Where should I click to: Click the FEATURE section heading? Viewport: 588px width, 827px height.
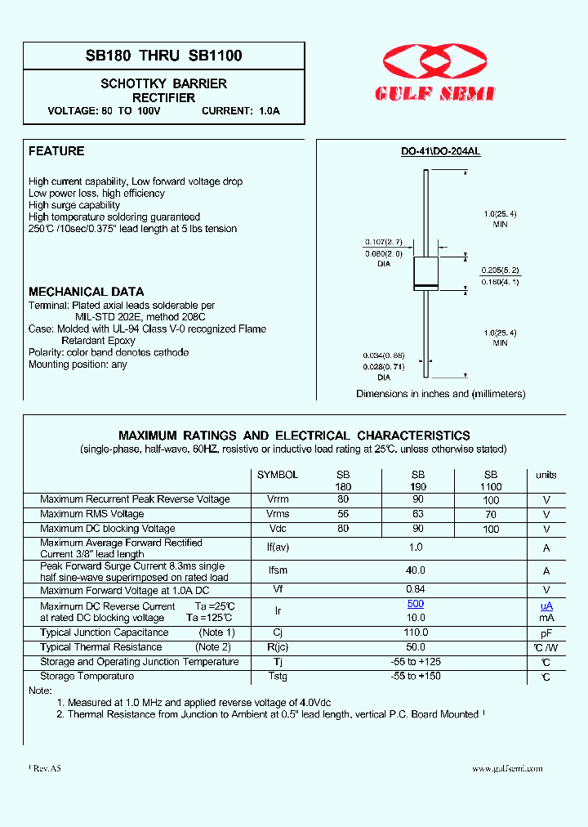[56, 151]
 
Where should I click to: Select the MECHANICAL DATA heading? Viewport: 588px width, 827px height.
[86, 292]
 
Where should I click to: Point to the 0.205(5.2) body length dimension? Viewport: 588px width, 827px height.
[500, 270]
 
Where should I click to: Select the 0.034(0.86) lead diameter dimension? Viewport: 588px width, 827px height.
[383, 355]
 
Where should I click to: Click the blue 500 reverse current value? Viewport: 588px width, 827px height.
[416, 604]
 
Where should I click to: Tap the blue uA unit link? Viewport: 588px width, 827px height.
[546, 606]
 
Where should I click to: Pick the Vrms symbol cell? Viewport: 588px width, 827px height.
[278, 514]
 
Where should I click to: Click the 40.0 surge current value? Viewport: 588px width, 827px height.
[416, 571]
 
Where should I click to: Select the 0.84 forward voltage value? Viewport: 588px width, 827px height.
[416, 590]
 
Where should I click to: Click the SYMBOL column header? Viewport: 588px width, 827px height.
[278, 475]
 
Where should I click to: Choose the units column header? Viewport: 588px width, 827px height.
[546, 475]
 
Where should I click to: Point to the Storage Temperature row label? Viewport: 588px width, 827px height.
[87, 676]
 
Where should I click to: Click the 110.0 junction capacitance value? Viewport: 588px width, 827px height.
[416, 633]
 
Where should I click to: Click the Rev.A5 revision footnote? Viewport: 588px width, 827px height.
[47, 769]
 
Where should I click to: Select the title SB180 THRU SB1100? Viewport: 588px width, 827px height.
[163, 56]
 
